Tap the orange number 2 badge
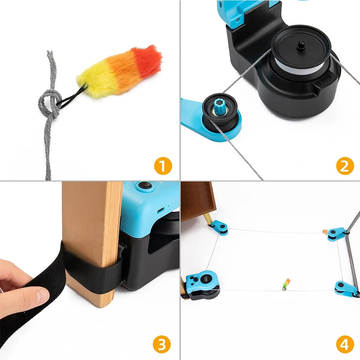pos(345,166)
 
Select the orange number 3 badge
pos(162,345)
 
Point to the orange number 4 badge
pos(345,345)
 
